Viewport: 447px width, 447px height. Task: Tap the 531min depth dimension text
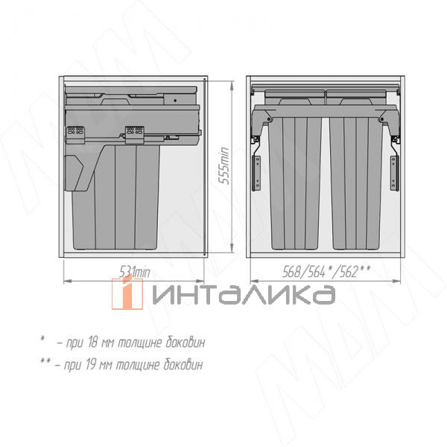pyautogui.click(x=135, y=273)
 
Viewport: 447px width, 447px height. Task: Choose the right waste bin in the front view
pyautogui.click(x=356, y=183)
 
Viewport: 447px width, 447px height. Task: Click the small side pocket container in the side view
pyautogui.click(x=77, y=173)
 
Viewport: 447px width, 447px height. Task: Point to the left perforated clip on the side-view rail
pyautogui.click(x=74, y=132)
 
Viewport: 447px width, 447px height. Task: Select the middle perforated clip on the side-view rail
pyautogui.click(x=134, y=133)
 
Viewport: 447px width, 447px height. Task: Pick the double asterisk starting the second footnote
pyautogui.click(x=45, y=364)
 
